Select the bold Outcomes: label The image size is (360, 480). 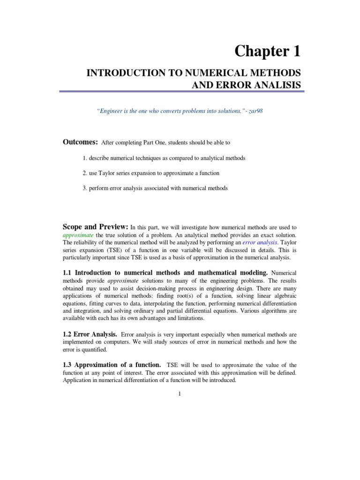pos(80,142)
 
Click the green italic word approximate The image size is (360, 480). pos(78,234)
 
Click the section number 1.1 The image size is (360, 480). pos(68,272)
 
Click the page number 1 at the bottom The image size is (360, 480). pos(180,393)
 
